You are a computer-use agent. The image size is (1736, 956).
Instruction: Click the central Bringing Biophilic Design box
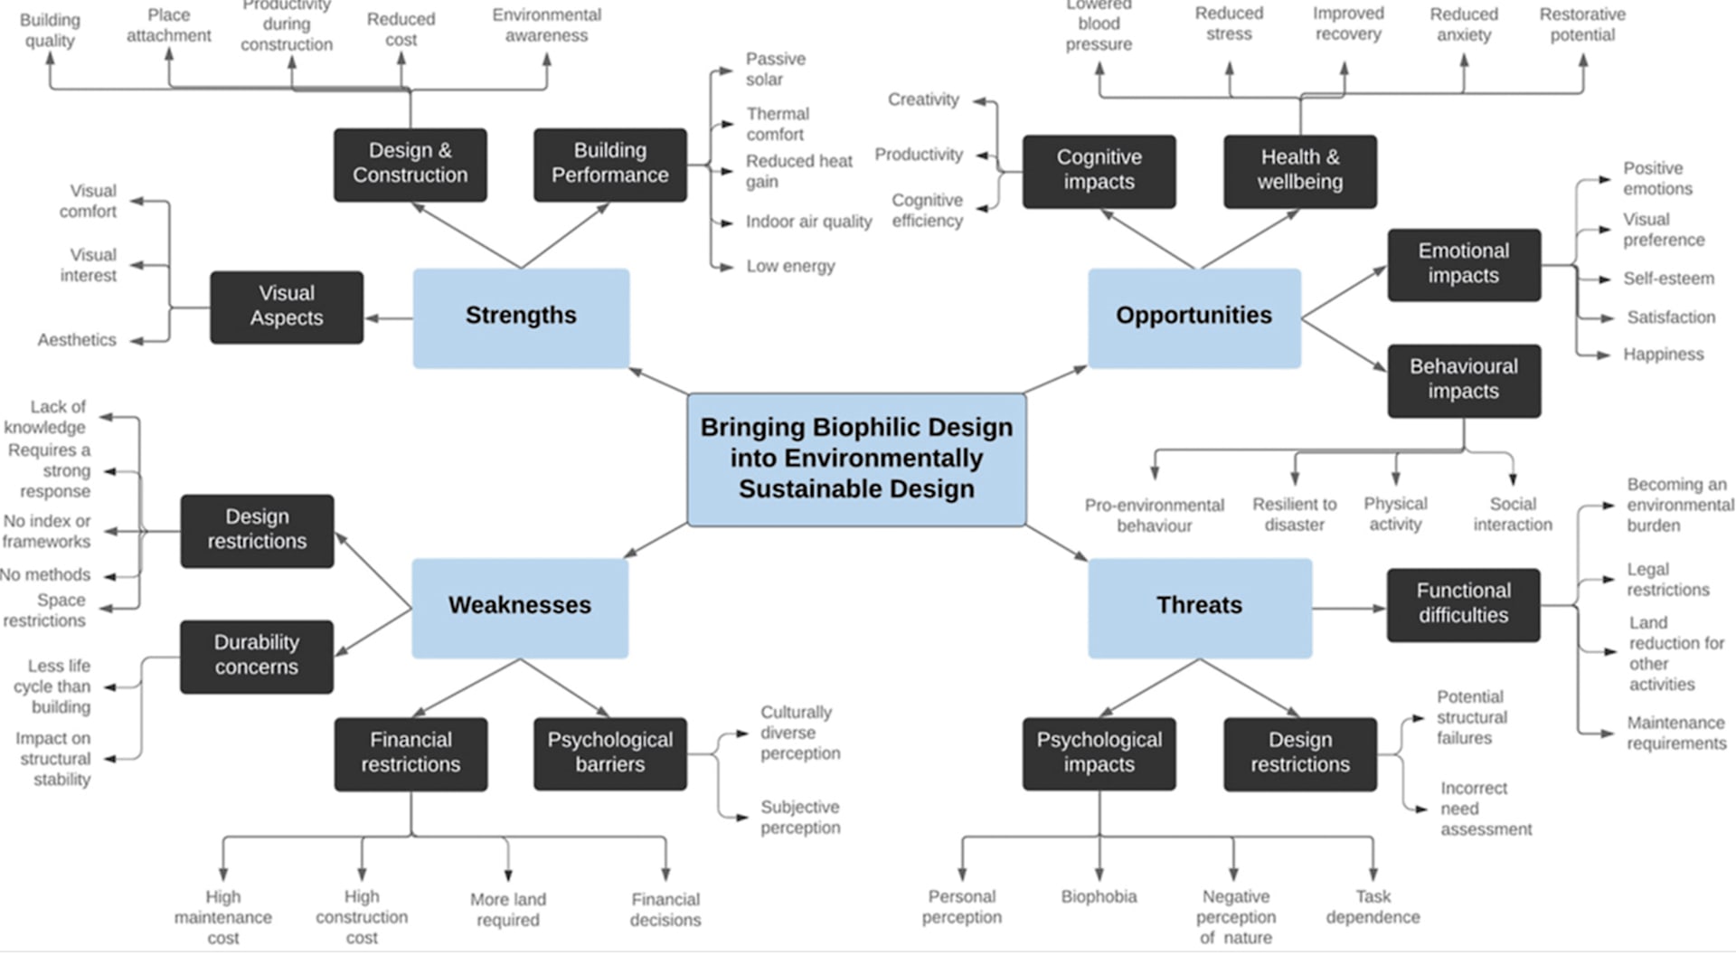856,459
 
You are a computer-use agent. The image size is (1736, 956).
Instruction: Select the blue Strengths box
521,317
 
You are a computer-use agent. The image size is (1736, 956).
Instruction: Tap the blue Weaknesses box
520,607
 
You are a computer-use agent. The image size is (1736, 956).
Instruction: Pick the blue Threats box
1199,607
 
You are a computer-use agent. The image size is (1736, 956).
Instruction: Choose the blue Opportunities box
1193,317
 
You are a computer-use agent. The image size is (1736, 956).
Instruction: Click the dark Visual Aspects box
287,307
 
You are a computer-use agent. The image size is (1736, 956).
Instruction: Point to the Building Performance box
610,164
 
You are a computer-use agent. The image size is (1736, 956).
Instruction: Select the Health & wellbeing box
1299,171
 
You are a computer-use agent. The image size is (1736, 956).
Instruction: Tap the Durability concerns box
257,656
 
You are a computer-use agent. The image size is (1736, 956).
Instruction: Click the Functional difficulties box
1463,604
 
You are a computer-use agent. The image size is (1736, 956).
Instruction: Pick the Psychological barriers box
610,752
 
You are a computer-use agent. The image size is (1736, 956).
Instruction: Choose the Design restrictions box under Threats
1299,752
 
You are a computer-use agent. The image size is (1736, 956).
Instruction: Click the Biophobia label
1099,897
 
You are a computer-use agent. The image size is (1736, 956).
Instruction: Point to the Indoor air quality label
808,222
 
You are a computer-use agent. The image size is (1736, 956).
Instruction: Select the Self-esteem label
1668,279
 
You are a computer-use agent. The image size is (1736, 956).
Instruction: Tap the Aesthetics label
77,340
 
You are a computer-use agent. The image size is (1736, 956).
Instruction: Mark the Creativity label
923,99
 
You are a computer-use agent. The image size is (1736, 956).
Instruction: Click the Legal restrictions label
1667,580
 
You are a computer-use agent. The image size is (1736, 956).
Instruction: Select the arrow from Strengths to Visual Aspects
389,317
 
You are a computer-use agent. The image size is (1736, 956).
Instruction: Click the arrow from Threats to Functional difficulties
1349,608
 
